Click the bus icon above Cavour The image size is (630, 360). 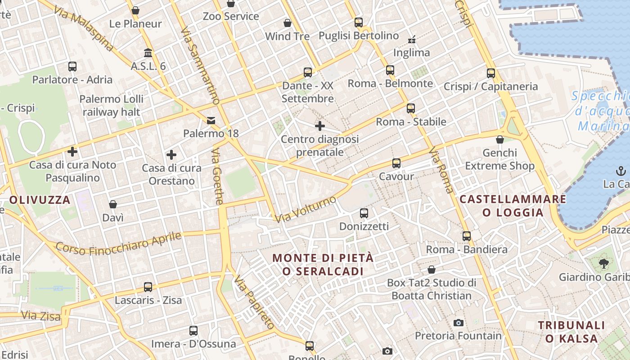[x=396, y=163]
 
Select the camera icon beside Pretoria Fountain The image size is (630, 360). [x=459, y=323]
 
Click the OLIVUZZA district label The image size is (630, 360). [x=40, y=200]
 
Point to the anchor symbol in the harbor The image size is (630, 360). [x=621, y=171]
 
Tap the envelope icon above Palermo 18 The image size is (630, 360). [x=211, y=120]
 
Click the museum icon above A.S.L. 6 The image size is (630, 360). [x=148, y=53]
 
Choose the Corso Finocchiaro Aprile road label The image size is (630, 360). [x=119, y=243]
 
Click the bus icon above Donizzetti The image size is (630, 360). [x=364, y=213]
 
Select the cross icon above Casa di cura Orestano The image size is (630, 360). [x=171, y=155]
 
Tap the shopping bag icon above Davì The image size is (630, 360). [x=113, y=204]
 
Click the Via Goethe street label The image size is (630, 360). [x=217, y=176]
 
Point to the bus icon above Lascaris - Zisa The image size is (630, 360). [x=148, y=287]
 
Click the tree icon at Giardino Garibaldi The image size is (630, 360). [x=603, y=263]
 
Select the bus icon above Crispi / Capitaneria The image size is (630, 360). [x=490, y=73]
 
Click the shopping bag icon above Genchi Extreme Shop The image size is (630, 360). [x=499, y=139]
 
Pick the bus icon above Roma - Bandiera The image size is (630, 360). [x=466, y=236]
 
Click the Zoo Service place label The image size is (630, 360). [x=231, y=16]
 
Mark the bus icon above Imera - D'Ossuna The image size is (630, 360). [x=193, y=331]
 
